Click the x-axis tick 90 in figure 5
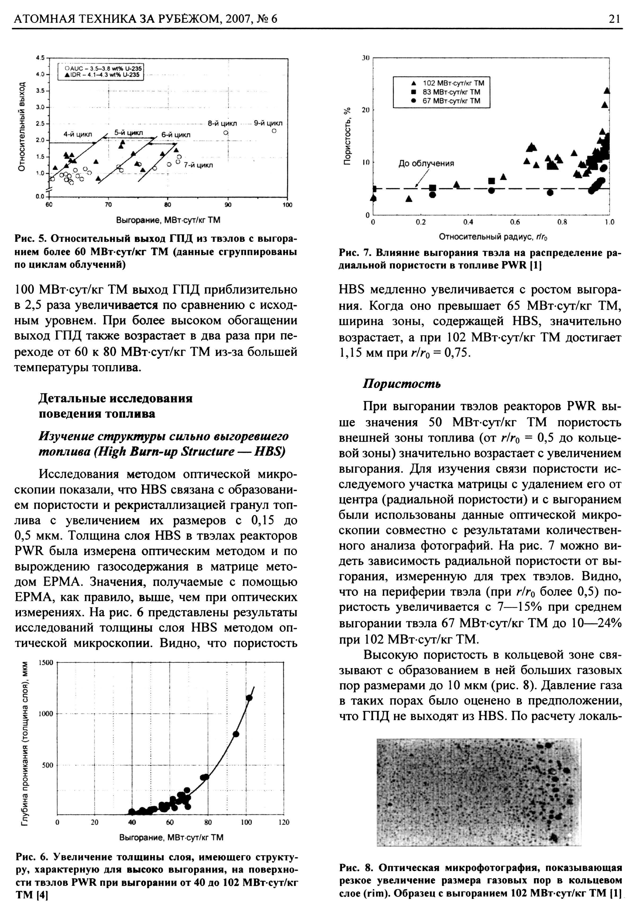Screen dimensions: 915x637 [227, 205]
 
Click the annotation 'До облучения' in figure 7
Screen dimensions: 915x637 [426, 163]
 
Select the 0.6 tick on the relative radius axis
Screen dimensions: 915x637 [515, 222]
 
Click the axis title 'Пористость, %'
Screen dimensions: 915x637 [348, 136]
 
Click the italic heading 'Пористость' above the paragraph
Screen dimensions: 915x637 [401, 384]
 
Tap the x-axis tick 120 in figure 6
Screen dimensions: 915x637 [284, 822]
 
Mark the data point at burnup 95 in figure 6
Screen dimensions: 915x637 [236, 734]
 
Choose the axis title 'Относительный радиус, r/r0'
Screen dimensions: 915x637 [493, 237]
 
